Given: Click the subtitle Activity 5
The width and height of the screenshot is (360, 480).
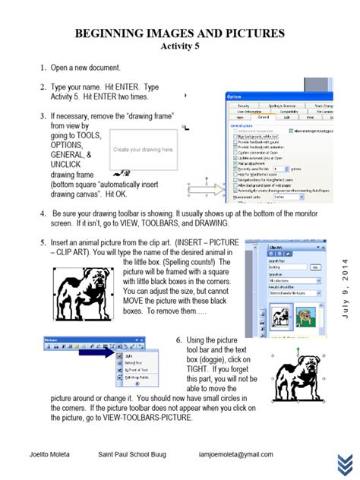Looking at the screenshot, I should (180, 46).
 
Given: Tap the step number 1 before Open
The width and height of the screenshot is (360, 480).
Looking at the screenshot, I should (43, 68).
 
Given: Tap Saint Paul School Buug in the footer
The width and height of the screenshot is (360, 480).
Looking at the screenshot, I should (131, 454).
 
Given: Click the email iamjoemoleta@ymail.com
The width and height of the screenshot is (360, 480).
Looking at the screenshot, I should (232, 454).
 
